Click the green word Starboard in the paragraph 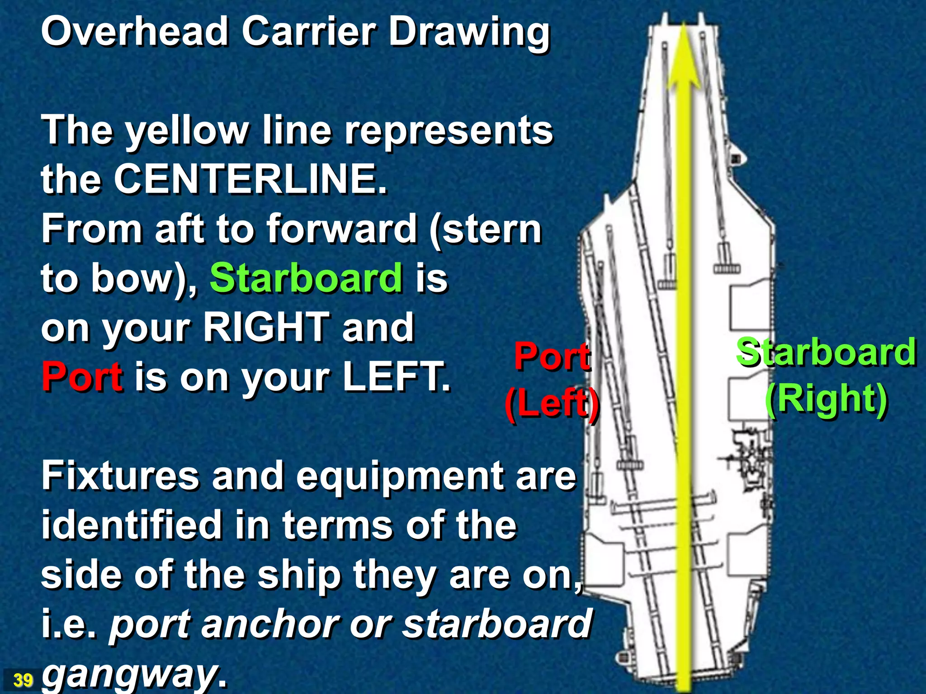click(306, 278)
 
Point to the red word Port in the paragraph click(82, 376)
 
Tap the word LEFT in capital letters click(396, 376)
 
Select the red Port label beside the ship click(552, 356)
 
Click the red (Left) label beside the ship click(552, 403)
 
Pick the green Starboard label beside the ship click(826, 352)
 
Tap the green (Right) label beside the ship click(826, 399)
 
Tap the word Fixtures click(120, 476)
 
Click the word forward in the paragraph click(341, 229)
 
